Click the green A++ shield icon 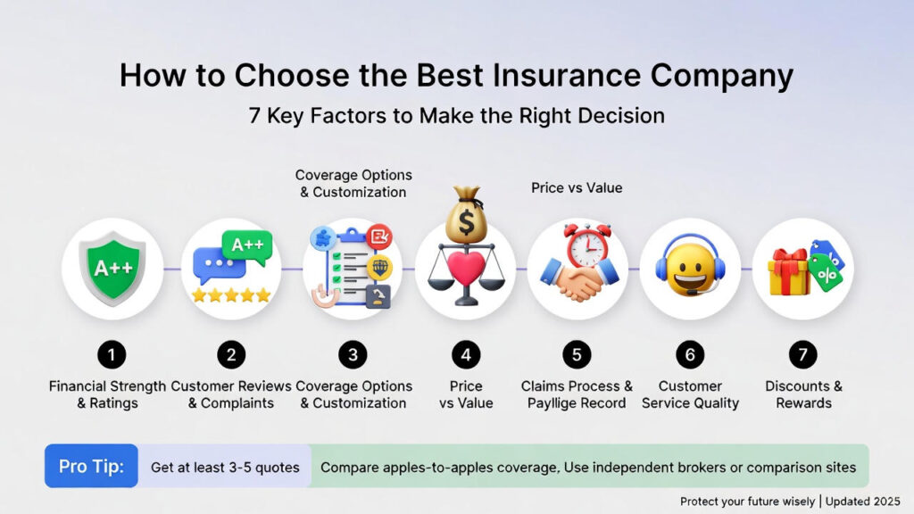point(113,268)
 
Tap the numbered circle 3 point(353,355)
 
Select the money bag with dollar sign point(466,214)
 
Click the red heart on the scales point(466,268)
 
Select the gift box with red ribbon point(789,272)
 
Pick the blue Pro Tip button point(92,466)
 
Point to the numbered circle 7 point(802,355)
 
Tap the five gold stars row point(231,295)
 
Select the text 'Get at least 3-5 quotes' point(225,468)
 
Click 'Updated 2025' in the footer point(863,502)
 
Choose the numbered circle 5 point(577,355)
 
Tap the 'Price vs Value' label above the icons point(577,187)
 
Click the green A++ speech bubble point(248,246)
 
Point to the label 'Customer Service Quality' point(690,394)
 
